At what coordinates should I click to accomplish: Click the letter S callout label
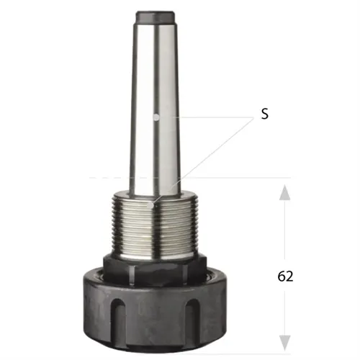(265, 114)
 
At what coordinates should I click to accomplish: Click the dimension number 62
(285, 276)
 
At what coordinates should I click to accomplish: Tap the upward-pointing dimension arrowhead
(285, 192)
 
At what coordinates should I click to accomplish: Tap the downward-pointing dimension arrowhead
(285, 343)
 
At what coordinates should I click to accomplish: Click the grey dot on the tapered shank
(156, 117)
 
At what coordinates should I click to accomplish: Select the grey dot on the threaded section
(150, 205)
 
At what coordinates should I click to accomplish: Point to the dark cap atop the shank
(155, 17)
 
